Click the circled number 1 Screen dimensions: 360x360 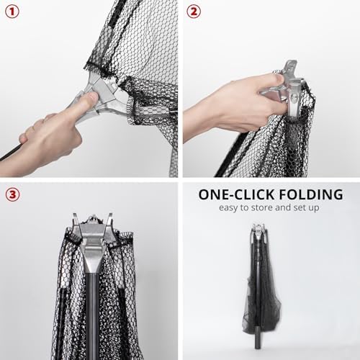coord(12,12)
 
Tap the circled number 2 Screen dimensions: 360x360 coord(194,12)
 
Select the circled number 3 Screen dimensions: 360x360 coord(12,194)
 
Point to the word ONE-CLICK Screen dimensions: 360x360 coord(233,194)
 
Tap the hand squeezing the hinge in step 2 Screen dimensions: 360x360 coord(238,108)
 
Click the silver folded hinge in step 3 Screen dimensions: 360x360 coord(91,230)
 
